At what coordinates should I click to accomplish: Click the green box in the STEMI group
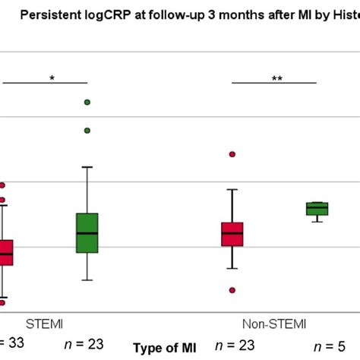click(x=87, y=233)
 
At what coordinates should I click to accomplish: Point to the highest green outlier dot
click(x=87, y=102)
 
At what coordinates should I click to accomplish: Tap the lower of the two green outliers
click(x=87, y=131)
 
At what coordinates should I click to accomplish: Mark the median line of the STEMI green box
click(x=87, y=232)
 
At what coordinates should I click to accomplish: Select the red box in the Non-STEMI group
click(x=232, y=234)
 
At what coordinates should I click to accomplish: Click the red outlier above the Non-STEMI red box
click(x=232, y=154)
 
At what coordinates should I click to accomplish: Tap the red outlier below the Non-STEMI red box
click(x=232, y=290)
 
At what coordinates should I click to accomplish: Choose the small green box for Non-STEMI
click(x=317, y=209)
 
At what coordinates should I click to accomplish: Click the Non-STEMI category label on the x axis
click(x=274, y=323)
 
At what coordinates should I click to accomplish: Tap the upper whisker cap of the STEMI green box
click(x=87, y=166)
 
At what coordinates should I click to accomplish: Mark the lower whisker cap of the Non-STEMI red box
click(x=232, y=268)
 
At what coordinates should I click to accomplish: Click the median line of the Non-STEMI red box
click(x=232, y=234)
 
